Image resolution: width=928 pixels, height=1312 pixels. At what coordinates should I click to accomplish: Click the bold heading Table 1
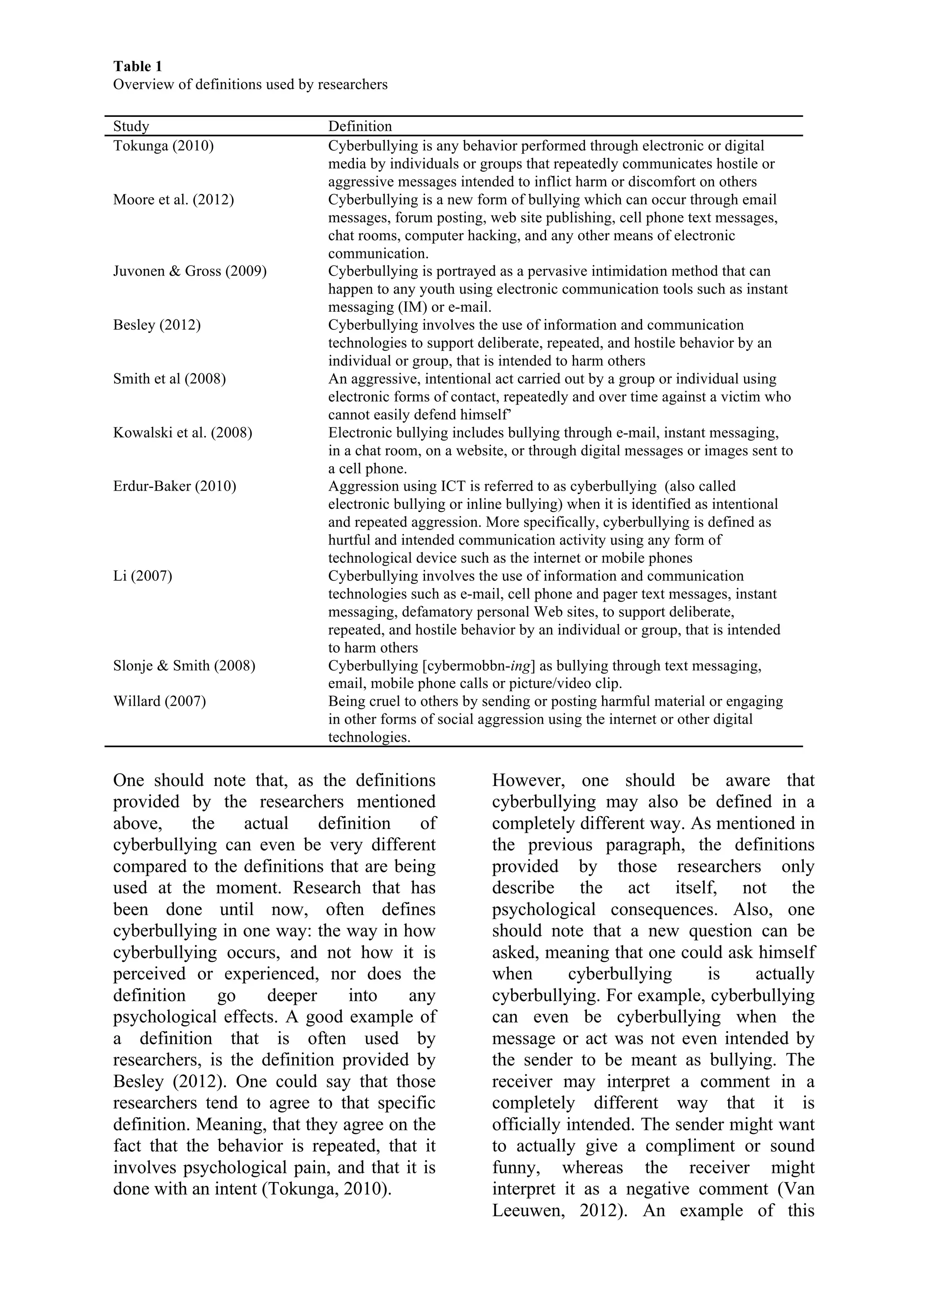pos(137,67)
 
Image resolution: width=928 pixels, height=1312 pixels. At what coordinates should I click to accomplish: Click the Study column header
pos(131,126)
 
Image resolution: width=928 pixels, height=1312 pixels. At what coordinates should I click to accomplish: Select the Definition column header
pos(360,126)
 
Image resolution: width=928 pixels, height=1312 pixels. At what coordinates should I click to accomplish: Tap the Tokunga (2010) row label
pos(164,146)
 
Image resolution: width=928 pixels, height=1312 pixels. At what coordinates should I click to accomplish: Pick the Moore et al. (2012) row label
pos(173,199)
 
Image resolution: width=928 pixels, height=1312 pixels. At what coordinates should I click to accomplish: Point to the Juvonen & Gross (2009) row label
pos(190,271)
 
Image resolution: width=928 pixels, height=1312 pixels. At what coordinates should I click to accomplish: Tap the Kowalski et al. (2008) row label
pos(182,433)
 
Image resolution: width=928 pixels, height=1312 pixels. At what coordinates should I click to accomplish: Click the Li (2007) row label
pos(142,575)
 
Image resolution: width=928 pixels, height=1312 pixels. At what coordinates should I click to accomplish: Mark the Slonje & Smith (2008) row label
pos(184,665)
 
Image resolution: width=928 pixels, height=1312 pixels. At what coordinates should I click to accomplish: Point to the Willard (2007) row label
pos(159,701)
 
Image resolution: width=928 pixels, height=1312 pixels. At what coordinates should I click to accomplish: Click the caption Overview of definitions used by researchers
pos(250,85)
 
